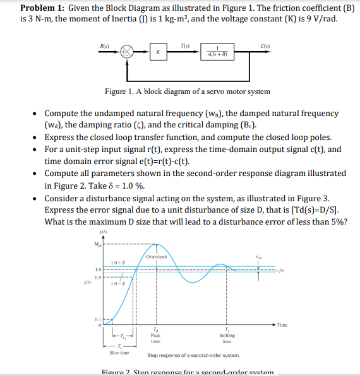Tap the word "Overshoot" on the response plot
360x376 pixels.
coord(156,257)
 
